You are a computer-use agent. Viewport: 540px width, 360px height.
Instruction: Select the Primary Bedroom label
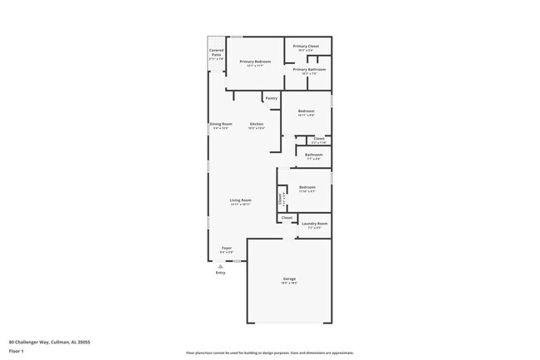255,62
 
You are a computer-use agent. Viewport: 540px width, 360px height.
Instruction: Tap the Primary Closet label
307,47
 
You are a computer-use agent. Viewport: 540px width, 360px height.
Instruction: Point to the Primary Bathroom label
306,70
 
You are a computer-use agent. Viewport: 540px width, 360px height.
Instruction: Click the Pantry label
271,98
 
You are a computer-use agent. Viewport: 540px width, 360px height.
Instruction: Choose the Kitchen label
257,124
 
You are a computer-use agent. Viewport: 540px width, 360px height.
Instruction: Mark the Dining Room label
221,124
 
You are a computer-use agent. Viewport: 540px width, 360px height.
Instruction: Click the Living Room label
241,200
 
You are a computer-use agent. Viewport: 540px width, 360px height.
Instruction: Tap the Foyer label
226,248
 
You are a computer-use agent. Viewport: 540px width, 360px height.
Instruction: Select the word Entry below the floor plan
220,273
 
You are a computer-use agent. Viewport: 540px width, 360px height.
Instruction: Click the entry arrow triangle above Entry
220,265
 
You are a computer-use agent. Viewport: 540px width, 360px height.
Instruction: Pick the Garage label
289,279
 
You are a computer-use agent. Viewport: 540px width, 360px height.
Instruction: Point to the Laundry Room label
315,224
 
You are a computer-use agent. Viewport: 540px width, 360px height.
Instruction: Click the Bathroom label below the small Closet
313,155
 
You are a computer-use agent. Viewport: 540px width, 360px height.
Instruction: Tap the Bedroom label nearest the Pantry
307,111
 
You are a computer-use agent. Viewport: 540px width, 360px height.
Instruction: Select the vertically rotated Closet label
281,199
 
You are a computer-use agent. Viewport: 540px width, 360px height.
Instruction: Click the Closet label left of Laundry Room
287,218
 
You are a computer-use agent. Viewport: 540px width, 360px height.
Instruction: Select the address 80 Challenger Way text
49,342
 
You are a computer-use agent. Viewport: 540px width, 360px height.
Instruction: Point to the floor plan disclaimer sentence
269,353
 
